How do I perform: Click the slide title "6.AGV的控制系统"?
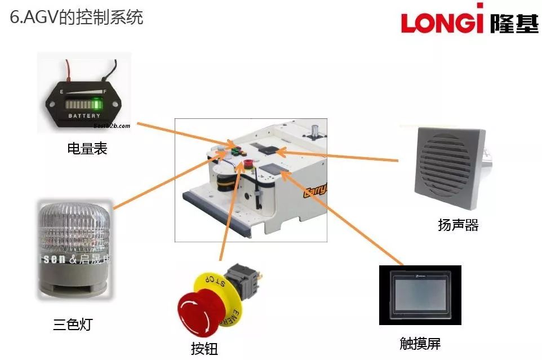[77, 17]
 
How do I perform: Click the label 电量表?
[87, 149]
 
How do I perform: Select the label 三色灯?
[72, 325]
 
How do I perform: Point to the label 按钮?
[204, 349]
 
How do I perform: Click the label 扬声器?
[458, 225]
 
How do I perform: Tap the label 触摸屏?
[420, 343]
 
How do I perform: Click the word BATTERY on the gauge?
[85, 116]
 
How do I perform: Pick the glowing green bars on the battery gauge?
[96, 105]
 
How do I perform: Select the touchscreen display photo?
[420, 295]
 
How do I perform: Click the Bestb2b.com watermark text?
[111, 126]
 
